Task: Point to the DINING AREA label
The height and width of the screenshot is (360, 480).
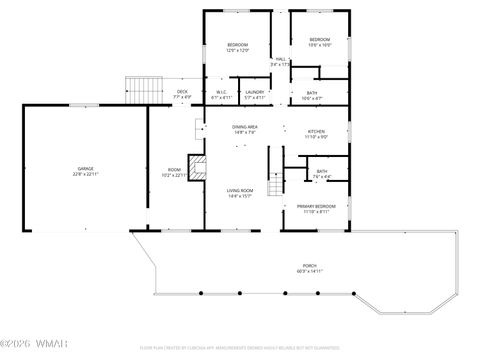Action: click(x=246, y=128)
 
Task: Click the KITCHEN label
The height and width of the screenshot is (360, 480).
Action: click(x=316, y=130)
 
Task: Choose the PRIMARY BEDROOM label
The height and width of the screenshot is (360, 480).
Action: click(x=316, y=207)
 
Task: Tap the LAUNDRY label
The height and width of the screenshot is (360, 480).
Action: click(x=255, y=92)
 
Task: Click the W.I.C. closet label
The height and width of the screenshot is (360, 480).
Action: click(x=222, y=92)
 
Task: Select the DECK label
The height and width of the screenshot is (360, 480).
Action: click(x=182, y=92)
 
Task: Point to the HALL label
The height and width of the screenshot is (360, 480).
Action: click(x=281, y=60)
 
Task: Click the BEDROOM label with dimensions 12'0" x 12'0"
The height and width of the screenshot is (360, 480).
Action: click(x=237, y=45)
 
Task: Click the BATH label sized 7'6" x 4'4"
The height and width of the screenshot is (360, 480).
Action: click(x=322, y=171)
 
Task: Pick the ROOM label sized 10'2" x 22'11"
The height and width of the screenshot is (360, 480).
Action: click(x=174, y=169)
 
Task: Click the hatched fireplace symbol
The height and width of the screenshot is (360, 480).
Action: click(x=199, y=170)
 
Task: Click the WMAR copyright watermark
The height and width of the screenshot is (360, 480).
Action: click(x=30, y=347)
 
